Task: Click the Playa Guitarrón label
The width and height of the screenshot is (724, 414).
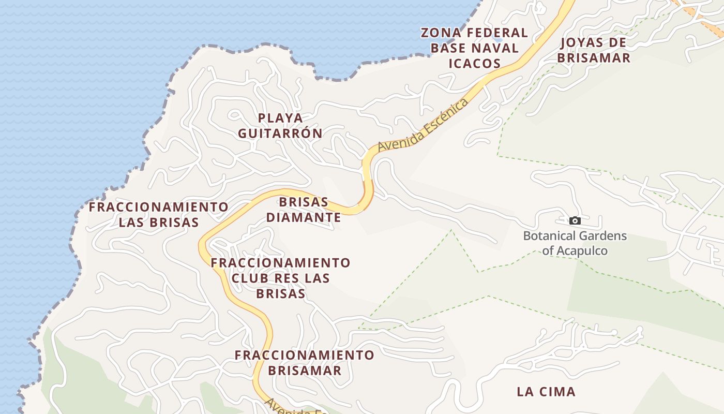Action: point(280,126)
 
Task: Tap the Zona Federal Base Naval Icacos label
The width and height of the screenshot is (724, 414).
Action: point(474,48)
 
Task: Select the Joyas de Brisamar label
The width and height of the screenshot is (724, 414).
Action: point(594,50)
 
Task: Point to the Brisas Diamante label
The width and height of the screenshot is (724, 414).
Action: point(304,210)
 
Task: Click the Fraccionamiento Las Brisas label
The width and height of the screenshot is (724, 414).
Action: point(158,215)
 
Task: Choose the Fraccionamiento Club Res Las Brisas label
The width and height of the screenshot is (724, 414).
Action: point(280,278)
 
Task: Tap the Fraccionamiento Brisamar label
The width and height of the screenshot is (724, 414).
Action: point(304,363)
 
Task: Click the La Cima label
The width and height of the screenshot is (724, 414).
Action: point(546,392)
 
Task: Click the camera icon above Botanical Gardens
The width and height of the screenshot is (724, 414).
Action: point(575,221)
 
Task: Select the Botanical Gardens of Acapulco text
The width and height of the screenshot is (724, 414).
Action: point(575,243)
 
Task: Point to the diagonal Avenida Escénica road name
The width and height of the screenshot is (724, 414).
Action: point(423,125)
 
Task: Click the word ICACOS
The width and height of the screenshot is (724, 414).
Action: point(474,64)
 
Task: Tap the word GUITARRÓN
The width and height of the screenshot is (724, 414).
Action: point(280,134)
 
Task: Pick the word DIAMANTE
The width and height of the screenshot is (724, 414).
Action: point(304,217)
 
